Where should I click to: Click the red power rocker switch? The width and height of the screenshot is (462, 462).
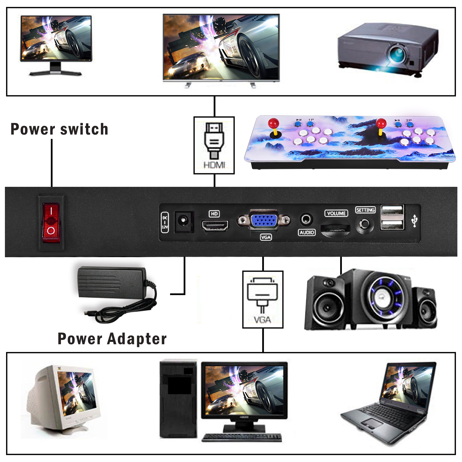point(51,222)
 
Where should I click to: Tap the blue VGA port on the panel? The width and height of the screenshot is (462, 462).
point(264,221)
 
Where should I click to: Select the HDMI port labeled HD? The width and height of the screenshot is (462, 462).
point(215,226)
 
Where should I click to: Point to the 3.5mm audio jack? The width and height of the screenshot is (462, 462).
point(306,220)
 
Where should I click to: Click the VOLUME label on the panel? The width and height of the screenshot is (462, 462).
point(336,213)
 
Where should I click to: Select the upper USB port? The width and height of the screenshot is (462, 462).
point(392,210)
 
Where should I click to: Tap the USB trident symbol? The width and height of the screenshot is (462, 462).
point(414,221)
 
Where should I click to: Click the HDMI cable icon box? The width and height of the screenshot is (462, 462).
point(214,145)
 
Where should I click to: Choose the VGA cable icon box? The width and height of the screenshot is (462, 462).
point(263,299)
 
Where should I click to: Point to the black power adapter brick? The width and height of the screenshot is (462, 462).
point(111,282)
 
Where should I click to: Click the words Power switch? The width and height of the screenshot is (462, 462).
point(59,129)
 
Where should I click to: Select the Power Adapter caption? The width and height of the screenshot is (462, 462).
point(112,339)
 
